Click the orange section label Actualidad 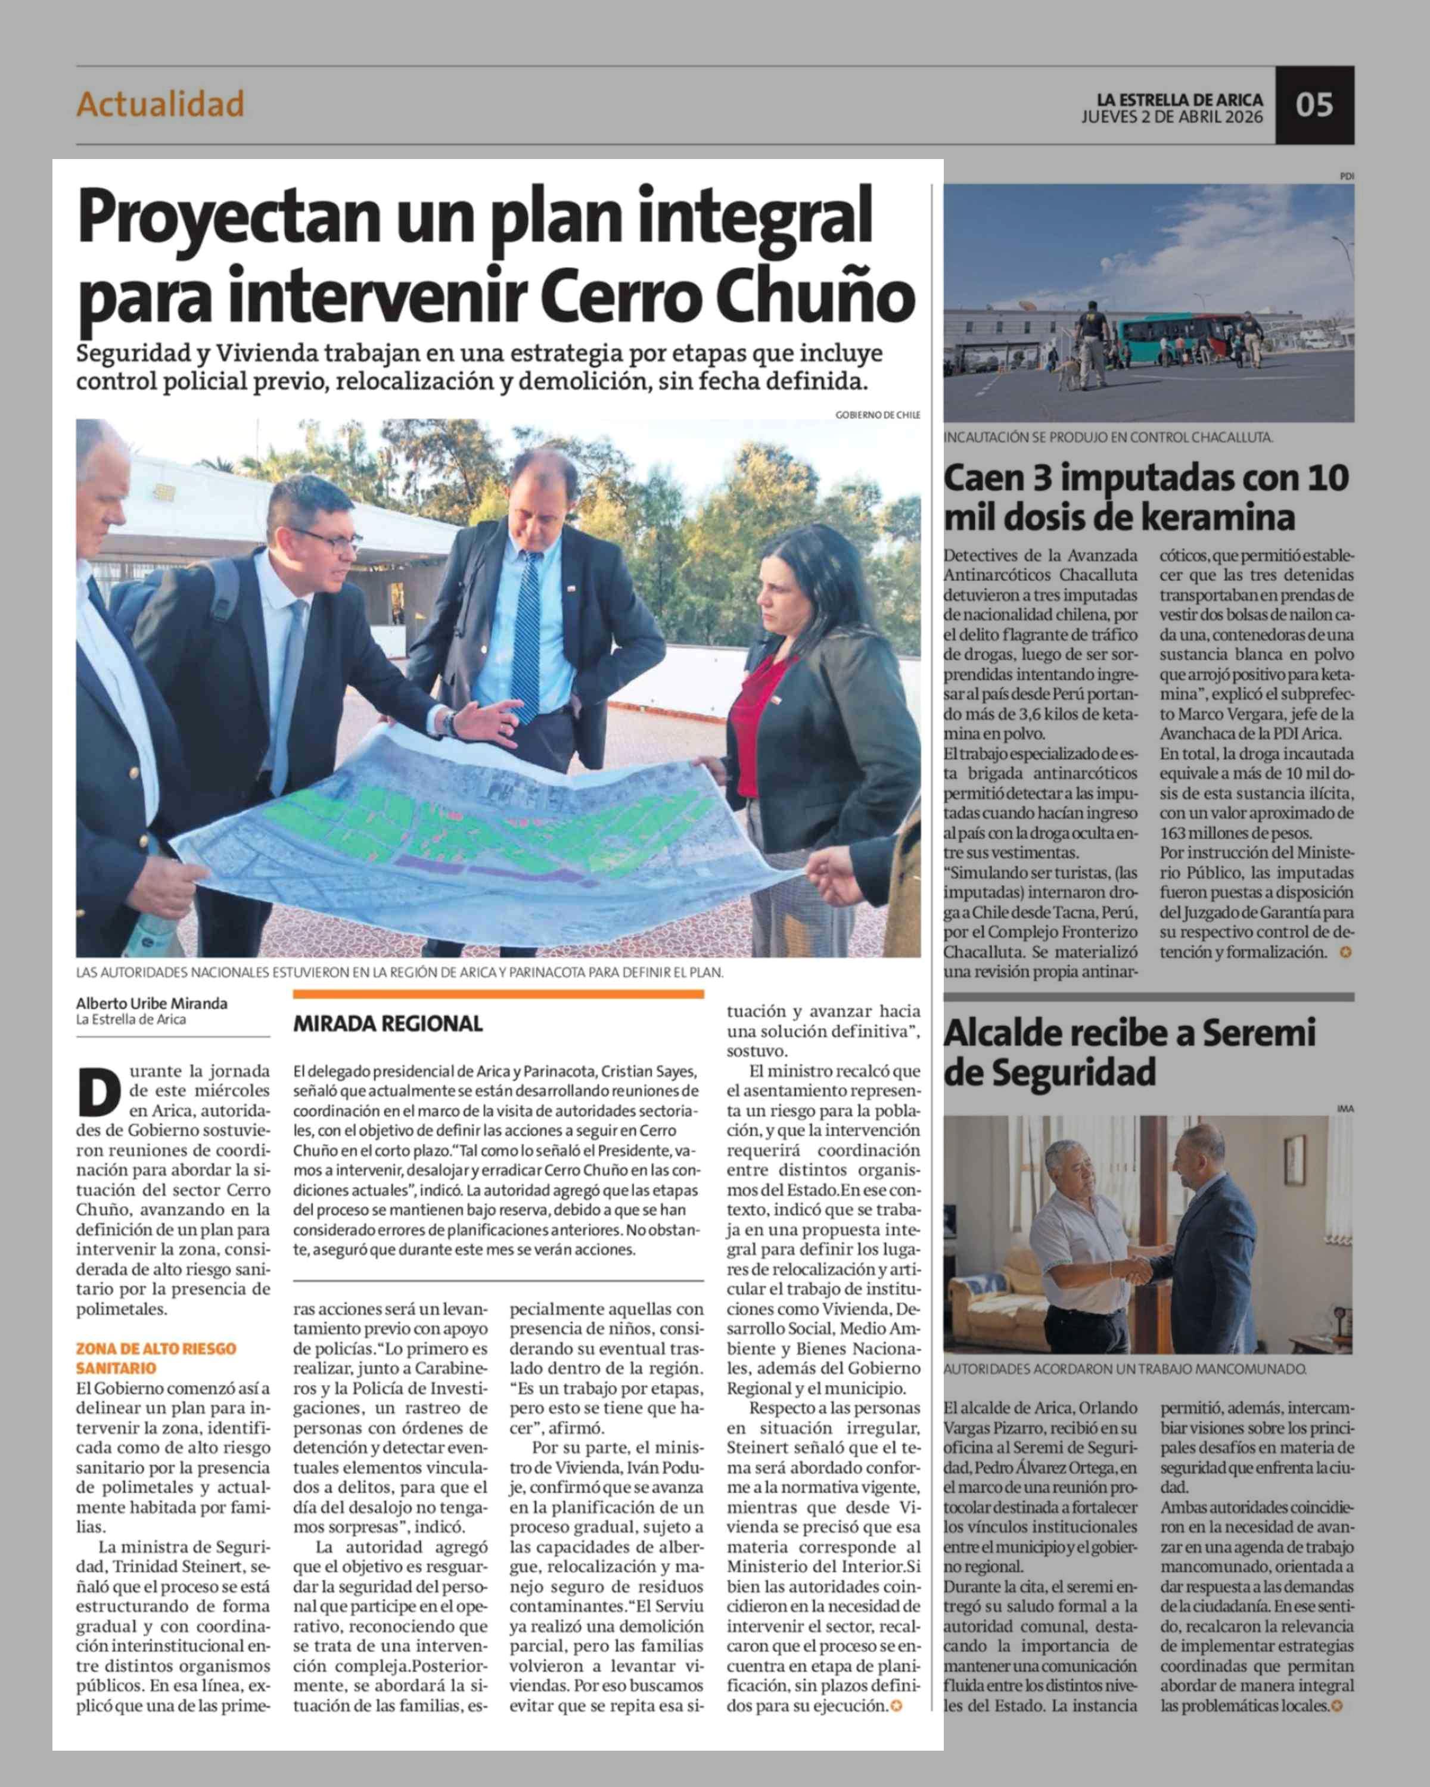(x=160, y=104)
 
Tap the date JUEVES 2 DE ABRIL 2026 (x=1171, y=117)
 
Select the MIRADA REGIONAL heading (x=387, y=1023)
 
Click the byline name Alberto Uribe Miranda (x=152, y=1003)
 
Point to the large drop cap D (x=100, y=1092)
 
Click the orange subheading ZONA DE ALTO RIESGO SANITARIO (x=156, y=1358)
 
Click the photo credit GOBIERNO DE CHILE (x=877, y=415)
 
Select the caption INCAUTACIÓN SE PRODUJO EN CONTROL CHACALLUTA (x=1108, y=437)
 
